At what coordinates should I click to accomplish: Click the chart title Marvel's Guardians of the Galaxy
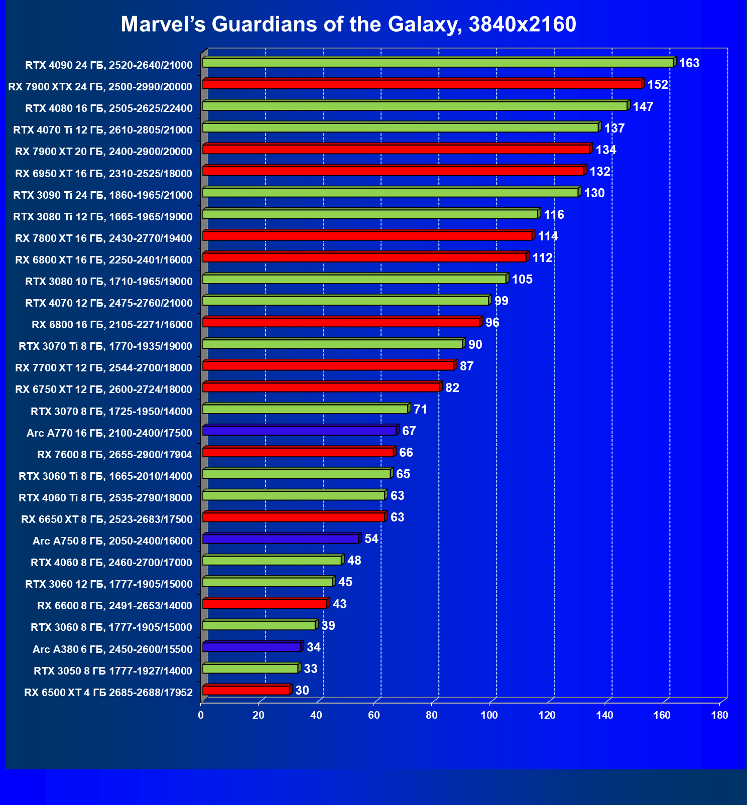tap(348, 24)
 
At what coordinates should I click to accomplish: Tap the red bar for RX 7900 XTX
tap(422, 84)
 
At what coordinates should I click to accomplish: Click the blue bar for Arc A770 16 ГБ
tap(299, 431)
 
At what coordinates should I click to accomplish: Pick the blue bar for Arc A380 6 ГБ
tap(252, 647)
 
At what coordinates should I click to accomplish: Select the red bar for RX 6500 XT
tap(246, 691)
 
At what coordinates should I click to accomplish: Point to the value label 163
tap(689, 63)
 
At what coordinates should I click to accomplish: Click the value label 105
tap(522, 280)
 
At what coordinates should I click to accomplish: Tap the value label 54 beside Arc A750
tap(371, 539)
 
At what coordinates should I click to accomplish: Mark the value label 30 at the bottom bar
tap(302, 691)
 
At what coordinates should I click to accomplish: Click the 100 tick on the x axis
tap(489, 715)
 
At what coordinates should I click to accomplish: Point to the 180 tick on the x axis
tap(720, 715)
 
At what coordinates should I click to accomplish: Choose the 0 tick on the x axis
tap(201, 715)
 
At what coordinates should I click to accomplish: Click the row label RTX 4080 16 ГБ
tap(109, 108)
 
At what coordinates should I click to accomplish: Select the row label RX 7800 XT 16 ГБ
tap(104, 238)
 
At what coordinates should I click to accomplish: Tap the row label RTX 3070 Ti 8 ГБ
tap(105, 346)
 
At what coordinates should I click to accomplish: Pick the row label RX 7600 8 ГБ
tap(114, 455)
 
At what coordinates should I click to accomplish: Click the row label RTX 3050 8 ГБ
tap(113, 671)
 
